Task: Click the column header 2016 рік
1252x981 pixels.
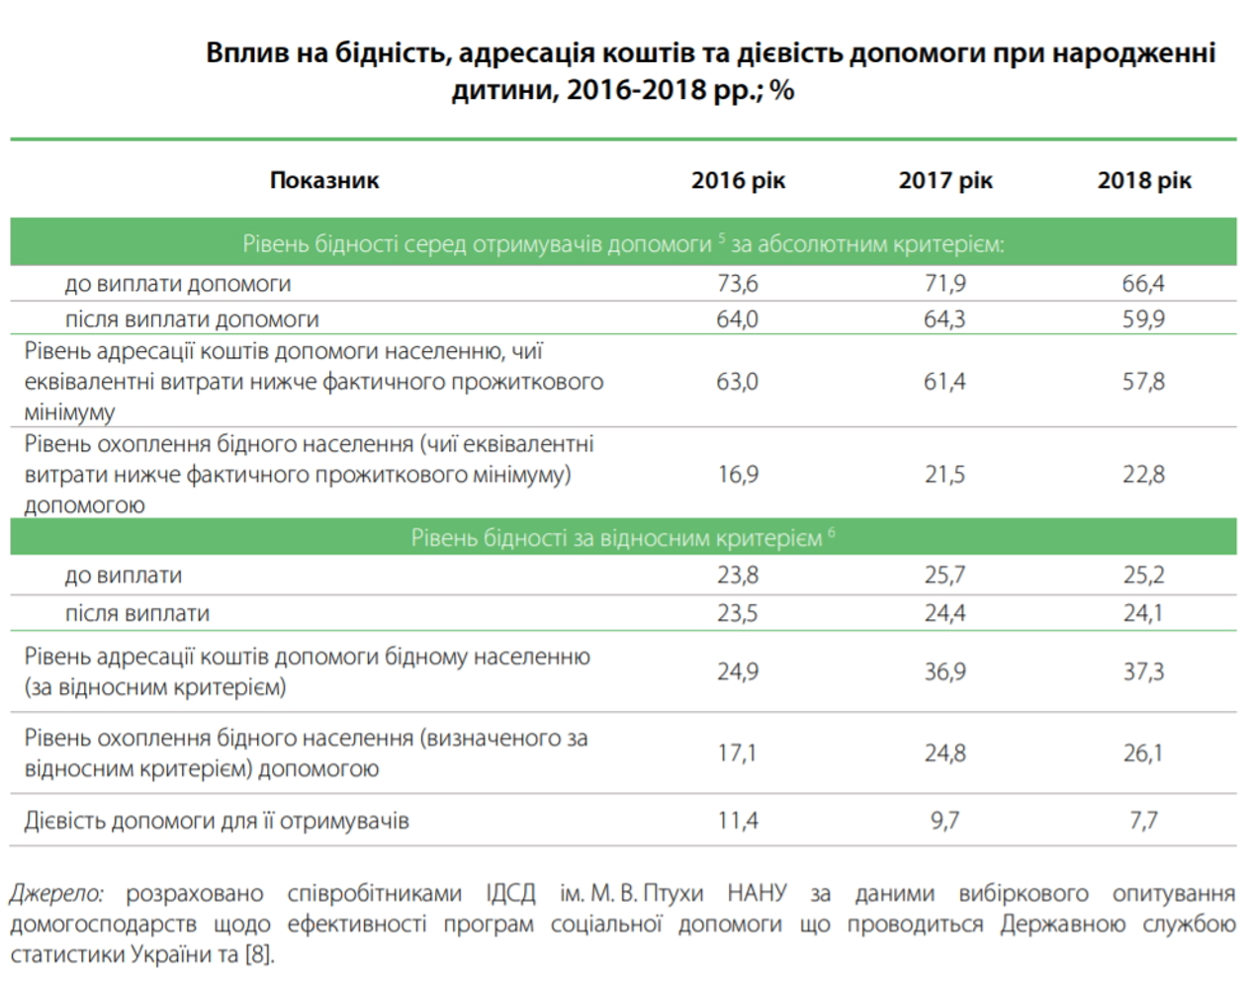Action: [x=738, y=180]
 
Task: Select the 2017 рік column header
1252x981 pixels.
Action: [x=945, y=180]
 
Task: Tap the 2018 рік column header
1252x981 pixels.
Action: [x=1144, y=180]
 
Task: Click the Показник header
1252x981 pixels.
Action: [x=324, y=180]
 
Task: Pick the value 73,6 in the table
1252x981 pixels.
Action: [x=738, y=284]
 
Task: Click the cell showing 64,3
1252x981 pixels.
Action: [x=944, y=319]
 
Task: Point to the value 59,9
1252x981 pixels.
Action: [x=1143, y=319]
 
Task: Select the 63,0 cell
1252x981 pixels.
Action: [x=738, y=382]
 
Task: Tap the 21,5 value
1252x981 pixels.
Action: [x=944, y=475]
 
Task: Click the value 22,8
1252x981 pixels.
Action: [x=1143, y=475]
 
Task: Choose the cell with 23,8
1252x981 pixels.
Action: [x=738, y=576]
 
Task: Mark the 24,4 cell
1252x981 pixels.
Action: [x=944, y=613]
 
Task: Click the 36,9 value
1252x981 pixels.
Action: [x=944, y=672]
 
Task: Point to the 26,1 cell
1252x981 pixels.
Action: [x=1143, y=754]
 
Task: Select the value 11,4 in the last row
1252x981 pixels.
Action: [x=738, y=821]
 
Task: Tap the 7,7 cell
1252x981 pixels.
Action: [x=1143, y=821]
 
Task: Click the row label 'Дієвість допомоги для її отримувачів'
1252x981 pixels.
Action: [x=217, y=821]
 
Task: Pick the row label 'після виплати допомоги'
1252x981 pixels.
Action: [x=192, y=319]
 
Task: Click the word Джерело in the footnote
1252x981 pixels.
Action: [x=56, y=894]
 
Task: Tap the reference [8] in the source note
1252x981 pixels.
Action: [x=259, y=955]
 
